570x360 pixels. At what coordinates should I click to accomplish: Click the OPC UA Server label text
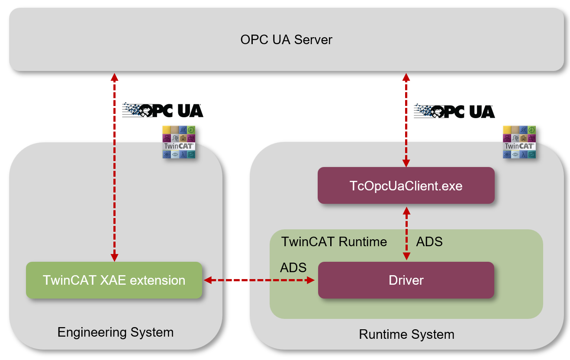pos(286,40)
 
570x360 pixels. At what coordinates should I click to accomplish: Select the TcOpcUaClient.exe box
pos(406,186)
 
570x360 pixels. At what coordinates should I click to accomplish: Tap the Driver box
pos(406,280)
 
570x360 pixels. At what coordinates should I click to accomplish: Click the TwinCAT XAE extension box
pos(114,280)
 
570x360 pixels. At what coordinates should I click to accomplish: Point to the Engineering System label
pos(115,332)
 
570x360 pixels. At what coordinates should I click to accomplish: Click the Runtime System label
pos(406,334)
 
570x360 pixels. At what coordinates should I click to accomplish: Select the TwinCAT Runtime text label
pos(334,241)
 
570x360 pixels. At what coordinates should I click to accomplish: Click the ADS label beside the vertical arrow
pos(429,241)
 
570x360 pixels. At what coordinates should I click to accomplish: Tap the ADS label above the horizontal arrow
pos(293,267)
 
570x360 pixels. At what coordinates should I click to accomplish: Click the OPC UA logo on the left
pos(163,110)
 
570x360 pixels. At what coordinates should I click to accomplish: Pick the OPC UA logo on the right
pos(454,111)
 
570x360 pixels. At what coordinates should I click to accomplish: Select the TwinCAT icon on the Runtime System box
pos(519,142)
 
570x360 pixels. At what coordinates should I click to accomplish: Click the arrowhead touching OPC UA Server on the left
pos(114,77)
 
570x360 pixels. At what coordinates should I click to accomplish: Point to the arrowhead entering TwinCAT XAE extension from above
pos(114,257)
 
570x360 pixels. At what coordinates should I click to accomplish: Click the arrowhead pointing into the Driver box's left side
pos(310,280)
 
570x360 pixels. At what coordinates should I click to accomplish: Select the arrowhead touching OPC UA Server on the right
pos(406,77)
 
